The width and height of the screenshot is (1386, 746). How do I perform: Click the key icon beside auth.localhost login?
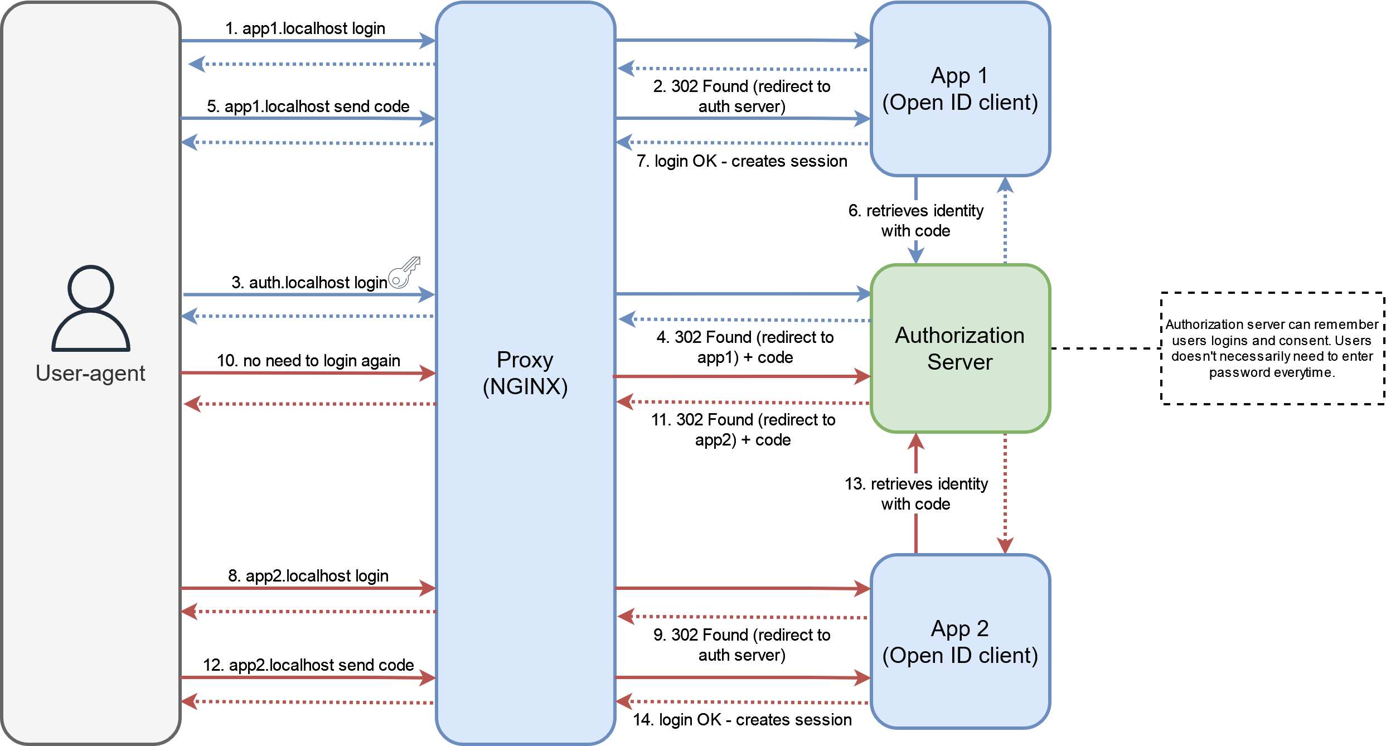pos(404,273)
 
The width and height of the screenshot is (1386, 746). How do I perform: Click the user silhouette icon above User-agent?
pos(91,308)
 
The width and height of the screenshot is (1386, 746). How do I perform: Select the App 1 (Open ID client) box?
pos(960,89)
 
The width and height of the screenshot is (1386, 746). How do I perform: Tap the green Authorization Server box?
pos(960,348)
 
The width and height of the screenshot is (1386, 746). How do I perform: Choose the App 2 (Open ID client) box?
pos(960,641)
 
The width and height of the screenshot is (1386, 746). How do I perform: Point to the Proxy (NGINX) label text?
pos(525,373)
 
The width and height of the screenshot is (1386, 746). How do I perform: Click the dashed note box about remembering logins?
pos(1272,348)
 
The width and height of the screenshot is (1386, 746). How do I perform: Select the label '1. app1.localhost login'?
pos(305,28)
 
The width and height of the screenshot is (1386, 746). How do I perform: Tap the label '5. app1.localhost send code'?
pos(308,106)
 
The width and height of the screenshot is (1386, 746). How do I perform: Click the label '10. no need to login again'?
pos(308,361)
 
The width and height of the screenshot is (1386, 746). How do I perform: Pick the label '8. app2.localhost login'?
pos(308,576)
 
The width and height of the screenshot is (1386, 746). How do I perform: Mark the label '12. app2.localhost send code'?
pos(308,665)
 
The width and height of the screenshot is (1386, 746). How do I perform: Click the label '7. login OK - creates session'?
pos(742,161)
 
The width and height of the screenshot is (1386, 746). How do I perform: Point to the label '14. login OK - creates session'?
pos(742,720)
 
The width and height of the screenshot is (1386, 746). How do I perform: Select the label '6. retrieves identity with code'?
pos(916,221)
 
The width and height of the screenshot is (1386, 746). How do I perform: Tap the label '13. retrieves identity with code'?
pos(916,494)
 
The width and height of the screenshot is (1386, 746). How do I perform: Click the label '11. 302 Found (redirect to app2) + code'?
pos(743,430)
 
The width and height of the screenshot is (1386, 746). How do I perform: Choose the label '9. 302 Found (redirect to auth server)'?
pos(742,645)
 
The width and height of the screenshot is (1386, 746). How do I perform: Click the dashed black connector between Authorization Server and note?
pos(1106,348)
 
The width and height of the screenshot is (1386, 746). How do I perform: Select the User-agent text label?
pos(90,373)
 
